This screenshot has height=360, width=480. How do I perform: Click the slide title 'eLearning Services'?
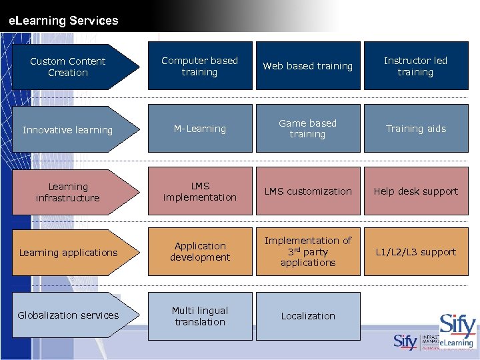(x=63, y=21)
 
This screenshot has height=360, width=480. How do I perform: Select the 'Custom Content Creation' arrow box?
(x=68, y=67)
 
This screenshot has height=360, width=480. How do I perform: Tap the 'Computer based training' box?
(x=200, y=66)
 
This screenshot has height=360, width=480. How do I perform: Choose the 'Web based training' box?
(x=308, y=66)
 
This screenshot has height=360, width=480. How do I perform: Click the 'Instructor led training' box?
(x=415, y=66)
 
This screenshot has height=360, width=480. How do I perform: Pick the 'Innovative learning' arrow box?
(x=68, y=129)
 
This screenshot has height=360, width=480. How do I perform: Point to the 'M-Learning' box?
(x=200, y=129)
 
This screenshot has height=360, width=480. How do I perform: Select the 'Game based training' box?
(x=308, y=129)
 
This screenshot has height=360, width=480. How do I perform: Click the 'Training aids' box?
(x=415, y=129)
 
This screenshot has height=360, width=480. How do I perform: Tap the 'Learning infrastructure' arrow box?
(x=68, y=192)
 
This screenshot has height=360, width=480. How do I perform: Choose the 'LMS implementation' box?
(x=200, y=191)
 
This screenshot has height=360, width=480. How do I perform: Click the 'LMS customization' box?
(x=308, y=191)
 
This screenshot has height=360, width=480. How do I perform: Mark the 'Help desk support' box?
(x=415, y=191)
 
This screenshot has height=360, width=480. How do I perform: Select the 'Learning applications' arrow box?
(x=68, y=253)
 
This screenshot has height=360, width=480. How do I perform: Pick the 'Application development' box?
(x=200, y=251)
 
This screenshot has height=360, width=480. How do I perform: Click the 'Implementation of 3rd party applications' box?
(x=308, y=251)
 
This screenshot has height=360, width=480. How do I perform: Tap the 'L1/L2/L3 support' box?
(x=415, y=251)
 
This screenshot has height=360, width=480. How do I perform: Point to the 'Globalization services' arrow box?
(x=68, y=315)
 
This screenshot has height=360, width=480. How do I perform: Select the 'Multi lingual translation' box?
(x=200, y=316)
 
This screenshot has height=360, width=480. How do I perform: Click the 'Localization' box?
(x=308, y=316)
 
